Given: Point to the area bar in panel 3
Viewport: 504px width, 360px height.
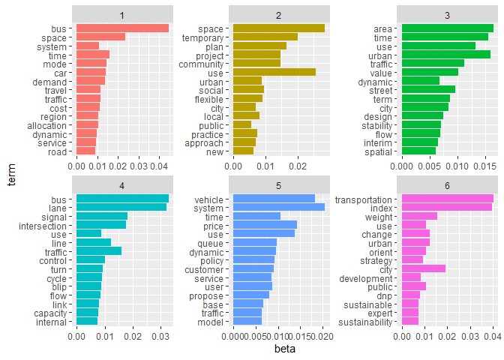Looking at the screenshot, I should [x=448, y=28].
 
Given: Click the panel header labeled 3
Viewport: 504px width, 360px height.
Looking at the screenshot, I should [x=448, y=13].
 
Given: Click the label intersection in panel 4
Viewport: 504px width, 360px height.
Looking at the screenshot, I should [x=47, y=224].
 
